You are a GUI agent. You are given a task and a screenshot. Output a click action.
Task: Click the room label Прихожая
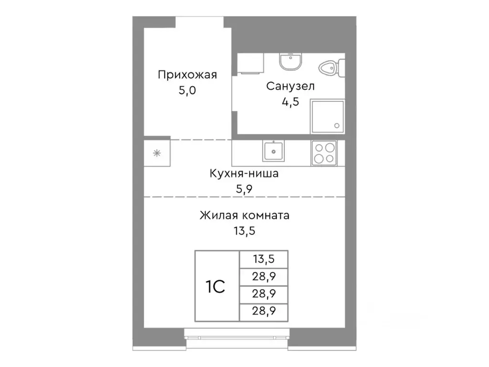point(187,75)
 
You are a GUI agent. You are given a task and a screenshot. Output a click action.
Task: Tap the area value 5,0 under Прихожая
point(187,90)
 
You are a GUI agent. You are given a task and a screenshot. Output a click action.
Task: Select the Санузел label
point(290,86)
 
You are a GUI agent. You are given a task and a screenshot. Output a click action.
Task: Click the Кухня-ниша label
point(244,173)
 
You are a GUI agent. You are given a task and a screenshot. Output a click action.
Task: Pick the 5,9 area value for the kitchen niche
point(244,189)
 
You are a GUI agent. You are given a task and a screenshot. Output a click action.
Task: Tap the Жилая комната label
point(244,216)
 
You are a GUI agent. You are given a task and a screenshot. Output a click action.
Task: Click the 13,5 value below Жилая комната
point(244,231)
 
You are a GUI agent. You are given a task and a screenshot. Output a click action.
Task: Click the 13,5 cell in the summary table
point(264,259)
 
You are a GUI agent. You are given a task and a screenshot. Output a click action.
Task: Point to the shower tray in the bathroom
point(328,116)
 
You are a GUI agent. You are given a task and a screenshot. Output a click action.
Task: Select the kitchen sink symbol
point(273,151)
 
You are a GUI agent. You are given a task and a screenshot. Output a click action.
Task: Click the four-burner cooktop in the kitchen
point(324,153)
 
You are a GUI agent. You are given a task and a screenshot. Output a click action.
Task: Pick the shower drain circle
point(337,126)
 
